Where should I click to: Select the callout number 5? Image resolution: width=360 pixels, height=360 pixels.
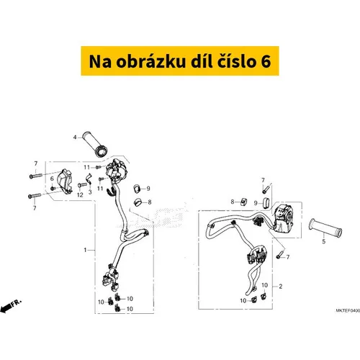point(324,242)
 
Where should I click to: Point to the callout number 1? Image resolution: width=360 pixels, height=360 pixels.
point(84,250)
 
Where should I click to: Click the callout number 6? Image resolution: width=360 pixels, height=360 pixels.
point(53,178)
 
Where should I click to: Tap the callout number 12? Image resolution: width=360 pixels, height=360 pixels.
point(79,192)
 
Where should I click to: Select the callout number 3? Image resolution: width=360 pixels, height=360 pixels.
point(89,192)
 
